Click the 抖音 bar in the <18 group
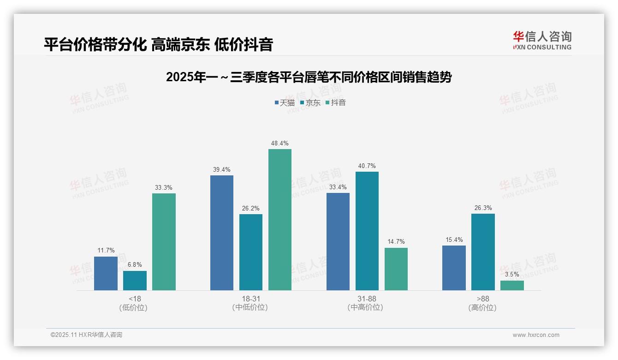click(x=164, y=242)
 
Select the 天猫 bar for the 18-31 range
click(x=222, y=233)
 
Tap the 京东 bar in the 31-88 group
click(x=367, y=231)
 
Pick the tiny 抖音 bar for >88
click(x=512, y=285)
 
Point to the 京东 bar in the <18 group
click(x=135, y=281)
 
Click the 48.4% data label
click(x=279, y=144)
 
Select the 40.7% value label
click(x=367, y=166)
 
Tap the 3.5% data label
click(x=512, y=275)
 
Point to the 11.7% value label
click(x=106, y=251)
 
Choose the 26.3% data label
click(x=483, y=208)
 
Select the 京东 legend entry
click(x=310, y=103)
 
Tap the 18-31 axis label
click(x=250, y=299)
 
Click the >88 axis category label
click(x=483, y=299)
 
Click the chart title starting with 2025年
click(x=309, y=77)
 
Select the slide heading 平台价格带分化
click(x=158, y=44)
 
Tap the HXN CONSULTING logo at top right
click(x=542, y=41)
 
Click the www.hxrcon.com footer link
click(x=536, y=335)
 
